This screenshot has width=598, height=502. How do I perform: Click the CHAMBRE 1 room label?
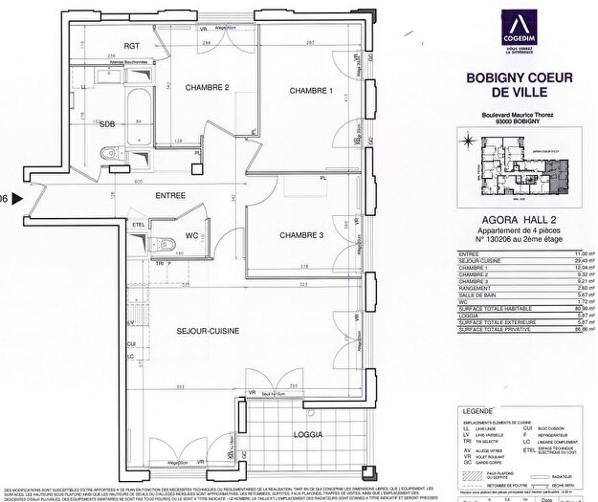[311, 91]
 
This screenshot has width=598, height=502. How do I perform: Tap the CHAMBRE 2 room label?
[207, 88]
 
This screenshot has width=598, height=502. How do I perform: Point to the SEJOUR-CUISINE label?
[207, 330]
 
